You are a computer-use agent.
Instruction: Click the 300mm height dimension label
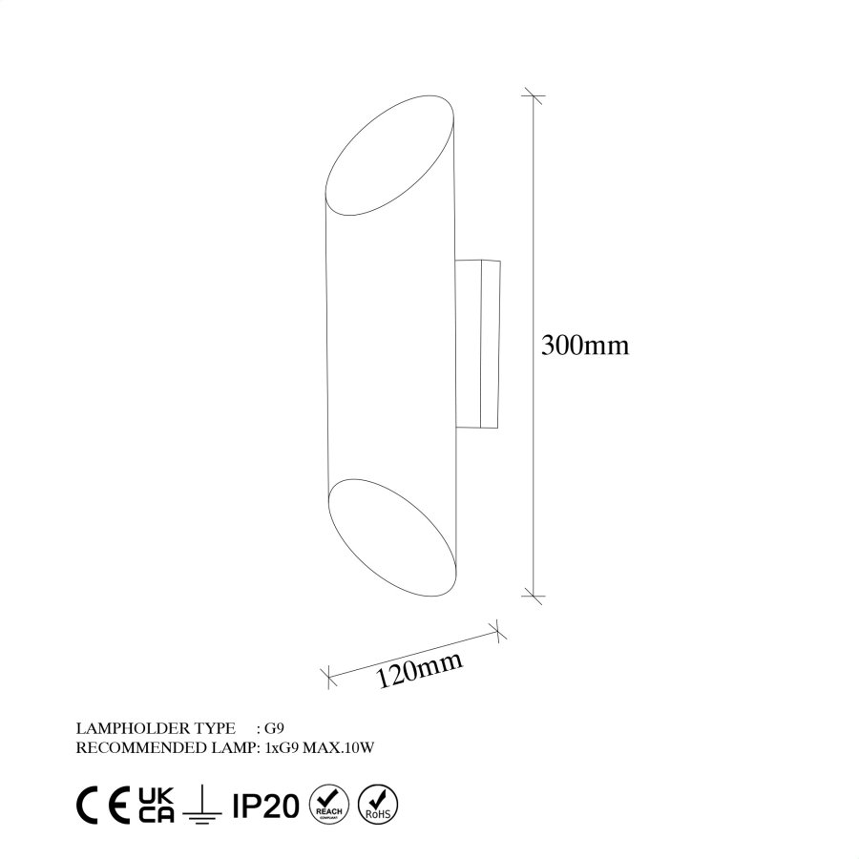click(x=584, y=345)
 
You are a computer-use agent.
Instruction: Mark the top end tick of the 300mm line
click(x=533, y=95)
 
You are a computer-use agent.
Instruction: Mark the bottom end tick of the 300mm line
click(x=533, y=597)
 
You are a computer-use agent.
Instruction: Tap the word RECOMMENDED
click(x=131, y=747)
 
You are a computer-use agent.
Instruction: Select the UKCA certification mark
click(x=157, y=806)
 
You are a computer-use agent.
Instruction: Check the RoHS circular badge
click(x=380, y=805)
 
